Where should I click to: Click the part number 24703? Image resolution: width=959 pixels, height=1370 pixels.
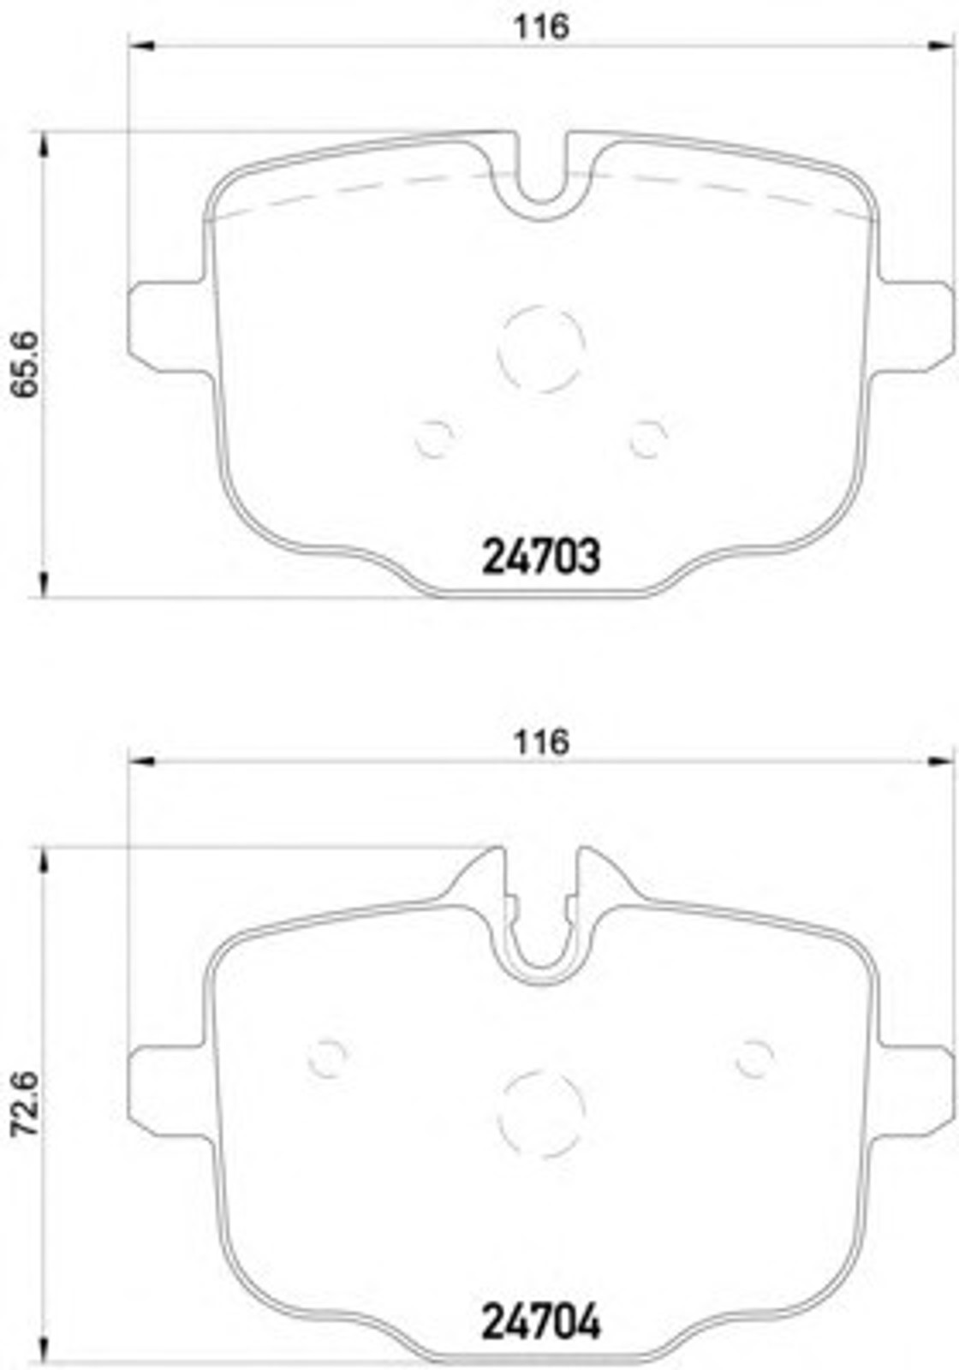541,557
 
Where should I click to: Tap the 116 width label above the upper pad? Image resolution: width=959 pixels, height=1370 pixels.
541,27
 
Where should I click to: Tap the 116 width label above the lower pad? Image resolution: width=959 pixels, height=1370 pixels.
541,742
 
